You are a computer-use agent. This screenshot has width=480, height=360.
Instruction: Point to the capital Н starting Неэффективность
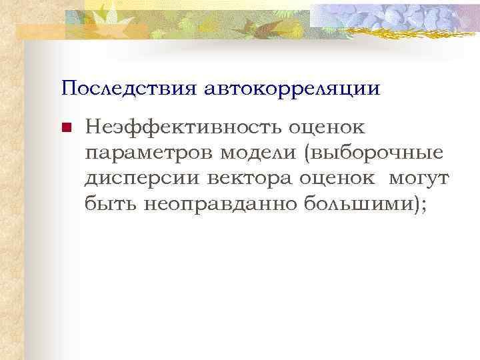[92, 127]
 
